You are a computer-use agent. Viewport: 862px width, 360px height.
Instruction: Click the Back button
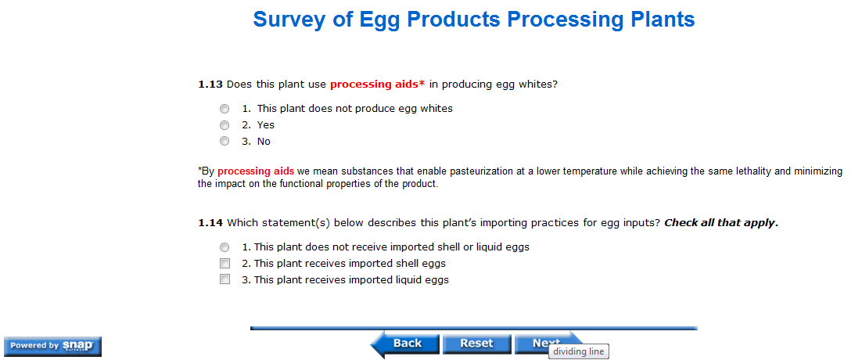[x=406, y=344]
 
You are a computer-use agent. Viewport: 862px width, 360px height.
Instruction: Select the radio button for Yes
[x=224, y=125]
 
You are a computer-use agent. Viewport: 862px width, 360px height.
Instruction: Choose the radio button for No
[x=224, y=142]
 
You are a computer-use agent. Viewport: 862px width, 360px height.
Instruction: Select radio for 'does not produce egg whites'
[x=224, y=109]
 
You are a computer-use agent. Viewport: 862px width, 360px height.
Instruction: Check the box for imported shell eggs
[x=224, y=263]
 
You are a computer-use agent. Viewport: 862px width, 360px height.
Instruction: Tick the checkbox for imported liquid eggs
[x=224, y=279]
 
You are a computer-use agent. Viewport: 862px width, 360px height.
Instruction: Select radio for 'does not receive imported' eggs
[x=224, y=247]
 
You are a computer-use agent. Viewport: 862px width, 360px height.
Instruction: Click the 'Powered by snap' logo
[x=52, y=346]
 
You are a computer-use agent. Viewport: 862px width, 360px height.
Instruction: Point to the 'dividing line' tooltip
[x=579, y=351]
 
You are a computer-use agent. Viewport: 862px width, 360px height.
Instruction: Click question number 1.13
[x=210, y=85]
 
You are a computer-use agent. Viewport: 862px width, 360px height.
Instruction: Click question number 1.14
[x=210, y=223]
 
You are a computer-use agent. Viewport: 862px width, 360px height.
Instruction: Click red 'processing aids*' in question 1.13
[x=377, y=85]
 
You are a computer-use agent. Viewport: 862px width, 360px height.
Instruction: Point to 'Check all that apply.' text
[x=721, y=223]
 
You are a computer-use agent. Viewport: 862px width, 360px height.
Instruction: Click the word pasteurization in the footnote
[x=482, y=171]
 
